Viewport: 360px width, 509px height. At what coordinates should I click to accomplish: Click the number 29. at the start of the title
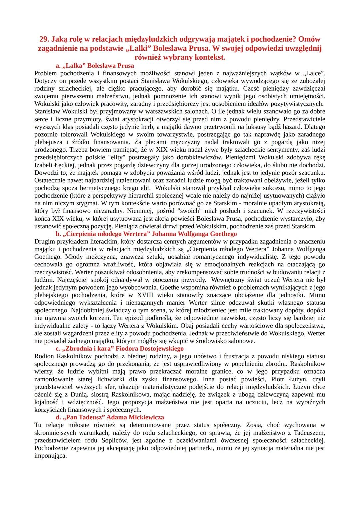click(45, 39)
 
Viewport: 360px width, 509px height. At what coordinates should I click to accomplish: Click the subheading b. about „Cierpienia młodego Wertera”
click(146, 234)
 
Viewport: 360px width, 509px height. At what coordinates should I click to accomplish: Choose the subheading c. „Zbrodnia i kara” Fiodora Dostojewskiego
click(119, 348)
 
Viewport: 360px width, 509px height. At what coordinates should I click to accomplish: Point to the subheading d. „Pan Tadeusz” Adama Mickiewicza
click(110, 417)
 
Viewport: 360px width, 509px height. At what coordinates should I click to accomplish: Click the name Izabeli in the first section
click(45, 165)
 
